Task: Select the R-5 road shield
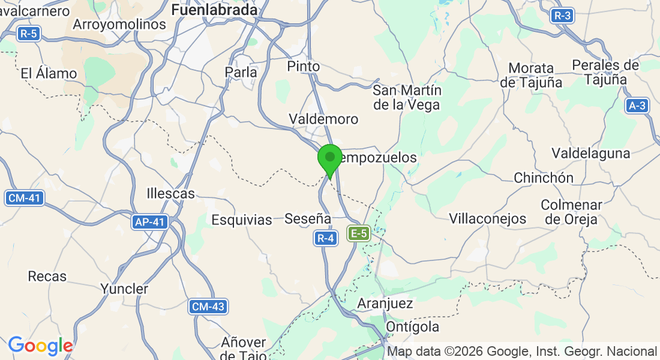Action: click(28, 34)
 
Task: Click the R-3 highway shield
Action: click(562, 16)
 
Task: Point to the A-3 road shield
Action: click(637, 106)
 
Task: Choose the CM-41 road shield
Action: click(25, 198)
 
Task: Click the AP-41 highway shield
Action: click(149, 222)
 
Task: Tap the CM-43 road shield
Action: click(208, 307)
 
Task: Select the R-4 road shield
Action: click(325, 239)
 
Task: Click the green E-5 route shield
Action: click(359, 233)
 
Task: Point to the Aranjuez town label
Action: click(385, 303)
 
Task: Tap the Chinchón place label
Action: click(544, 178)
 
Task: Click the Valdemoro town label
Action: click(323, 119)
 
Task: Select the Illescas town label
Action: click(171, 193)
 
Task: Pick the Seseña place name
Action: click(308, 218)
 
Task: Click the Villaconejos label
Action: click(488, 218)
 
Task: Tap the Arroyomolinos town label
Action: click(119, 25)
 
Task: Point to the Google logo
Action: click(40, 346)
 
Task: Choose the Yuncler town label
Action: click(124, 289)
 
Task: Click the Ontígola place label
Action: click(413, 327)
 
